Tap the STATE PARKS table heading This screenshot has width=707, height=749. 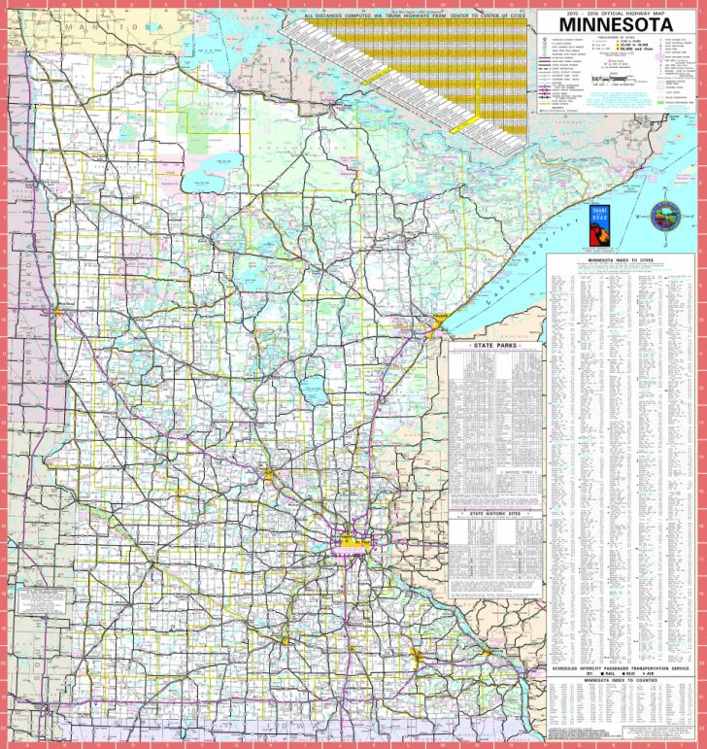pyautogui.click(x=494, y=345)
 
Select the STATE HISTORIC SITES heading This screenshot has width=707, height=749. pyautogui.click(x=494, y=510)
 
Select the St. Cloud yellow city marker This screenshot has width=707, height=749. pyautogui.click(x=271, y=474)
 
